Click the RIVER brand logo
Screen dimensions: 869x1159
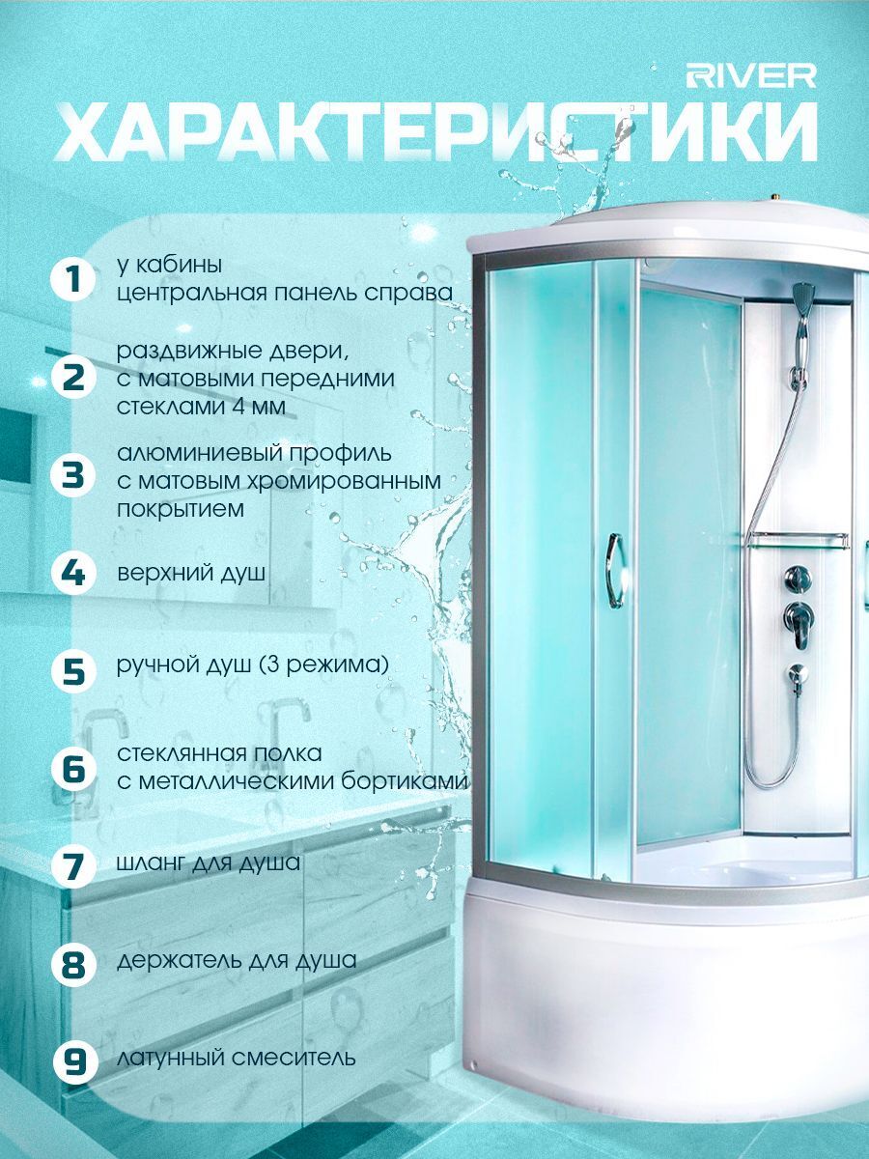751,76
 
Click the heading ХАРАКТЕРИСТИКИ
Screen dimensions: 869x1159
436,133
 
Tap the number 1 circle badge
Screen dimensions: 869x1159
72,280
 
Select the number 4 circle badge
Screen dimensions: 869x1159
72,574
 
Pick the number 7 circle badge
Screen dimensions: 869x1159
72,864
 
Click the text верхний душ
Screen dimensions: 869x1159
191,574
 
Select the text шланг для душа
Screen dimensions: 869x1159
209,862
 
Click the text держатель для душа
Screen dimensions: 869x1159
237,960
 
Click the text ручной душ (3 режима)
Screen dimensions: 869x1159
253,665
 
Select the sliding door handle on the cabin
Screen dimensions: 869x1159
615,571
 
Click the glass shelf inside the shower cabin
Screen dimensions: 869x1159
798,540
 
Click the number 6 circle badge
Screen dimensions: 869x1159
72,769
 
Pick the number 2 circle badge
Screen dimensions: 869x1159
72,380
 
